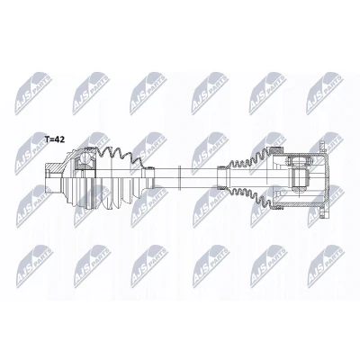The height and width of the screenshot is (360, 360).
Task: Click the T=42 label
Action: (55, 139)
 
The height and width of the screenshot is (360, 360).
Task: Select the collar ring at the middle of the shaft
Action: (179, 177)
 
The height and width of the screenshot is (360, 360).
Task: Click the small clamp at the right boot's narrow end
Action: (222, 178)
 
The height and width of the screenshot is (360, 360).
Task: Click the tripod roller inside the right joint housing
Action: (299, 178)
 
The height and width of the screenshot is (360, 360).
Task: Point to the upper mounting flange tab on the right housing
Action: (322, 147)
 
